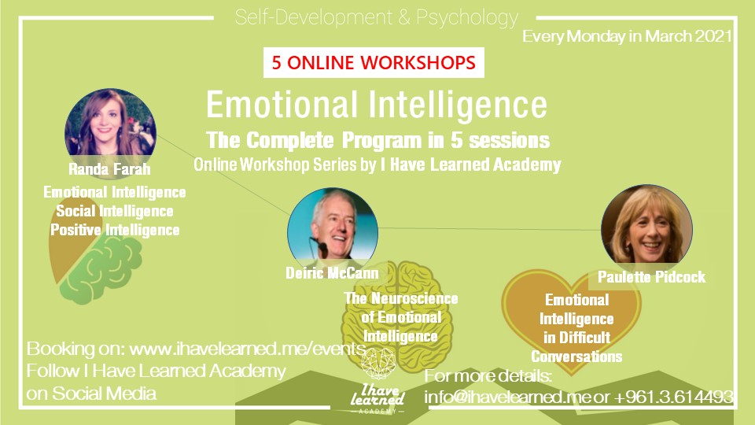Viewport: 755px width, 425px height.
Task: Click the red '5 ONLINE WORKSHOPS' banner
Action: point(374,63)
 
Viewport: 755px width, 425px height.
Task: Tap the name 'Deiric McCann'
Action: point(333,273)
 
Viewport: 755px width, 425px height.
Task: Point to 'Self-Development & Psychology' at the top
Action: point(377,17)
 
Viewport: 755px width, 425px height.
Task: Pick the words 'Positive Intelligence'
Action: point(115,230)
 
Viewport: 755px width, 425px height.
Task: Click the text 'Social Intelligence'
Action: point(115,211)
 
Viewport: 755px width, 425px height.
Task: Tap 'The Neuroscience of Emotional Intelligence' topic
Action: point(400,317)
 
